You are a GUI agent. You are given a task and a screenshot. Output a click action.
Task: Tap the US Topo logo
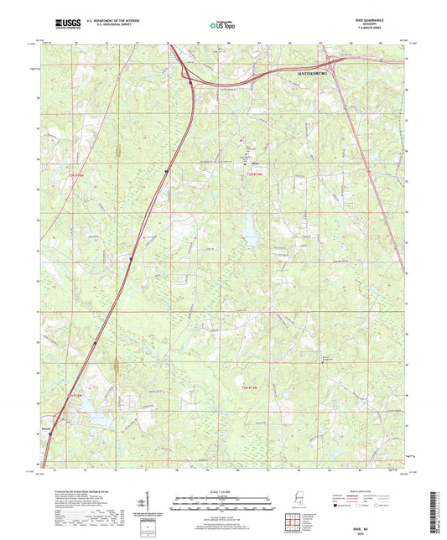223,26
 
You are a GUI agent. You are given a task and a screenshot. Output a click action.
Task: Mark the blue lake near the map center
249,224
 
